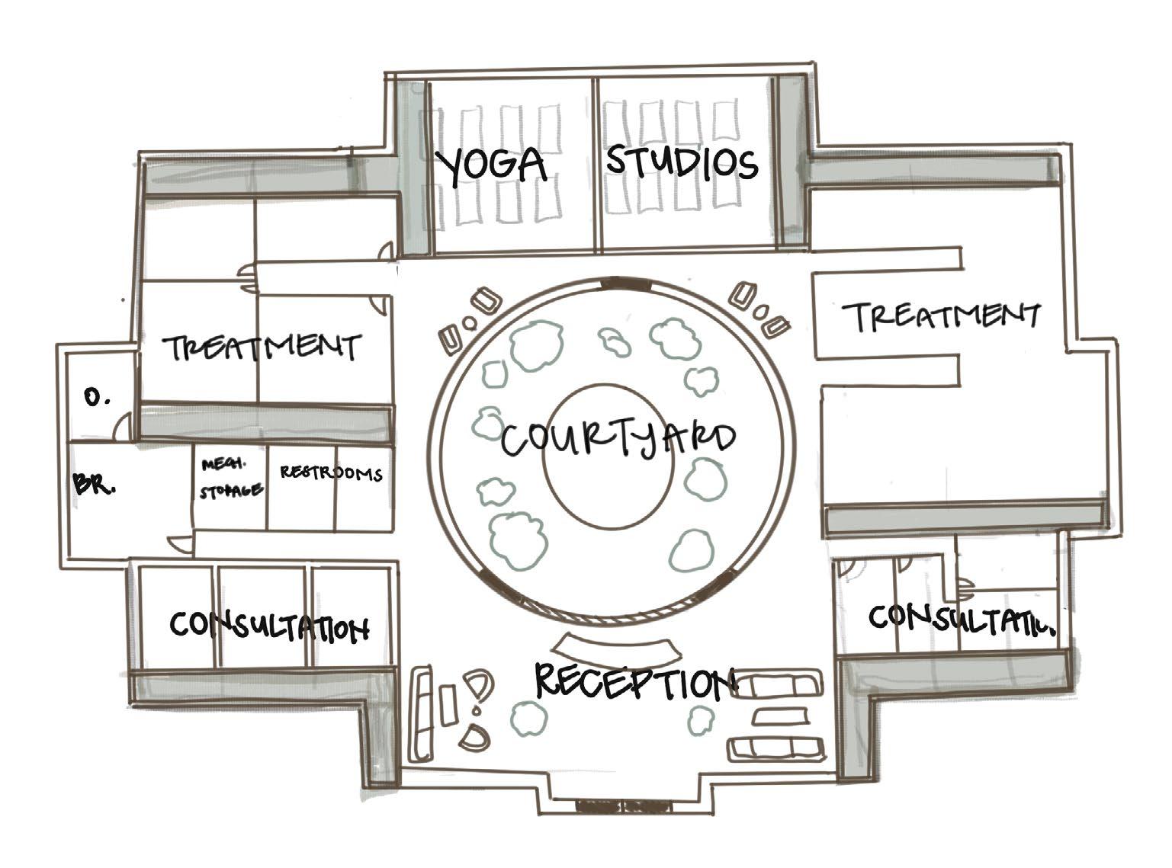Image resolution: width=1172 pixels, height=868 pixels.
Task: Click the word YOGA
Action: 491,165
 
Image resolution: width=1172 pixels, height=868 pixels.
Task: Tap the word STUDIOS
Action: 682,163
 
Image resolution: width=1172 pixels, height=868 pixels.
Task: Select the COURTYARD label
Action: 618,440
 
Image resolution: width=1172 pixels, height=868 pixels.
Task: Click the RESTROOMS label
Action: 331,473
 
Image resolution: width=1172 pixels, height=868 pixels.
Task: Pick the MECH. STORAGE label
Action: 230,478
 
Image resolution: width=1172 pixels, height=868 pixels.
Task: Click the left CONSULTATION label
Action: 269,626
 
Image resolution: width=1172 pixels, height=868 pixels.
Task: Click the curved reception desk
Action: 615,646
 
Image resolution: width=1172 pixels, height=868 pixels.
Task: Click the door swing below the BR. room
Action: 180,543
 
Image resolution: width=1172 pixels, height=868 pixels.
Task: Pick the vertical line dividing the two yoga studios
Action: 596,164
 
